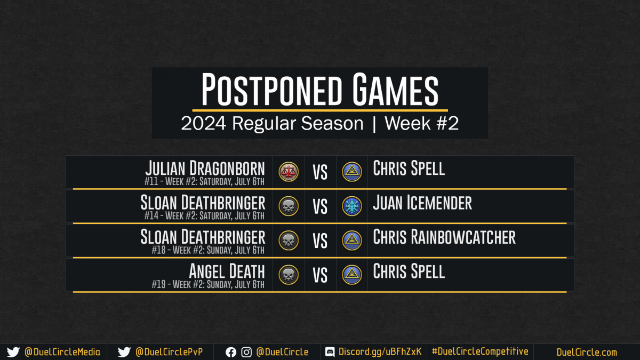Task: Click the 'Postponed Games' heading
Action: point(319,89)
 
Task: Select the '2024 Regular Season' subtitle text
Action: point(272,123)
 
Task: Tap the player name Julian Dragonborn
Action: point(205,168)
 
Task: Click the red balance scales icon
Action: point(289,172)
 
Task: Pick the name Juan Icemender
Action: point(422,203)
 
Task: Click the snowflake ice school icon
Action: point(351,206)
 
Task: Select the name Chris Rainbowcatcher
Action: point(444,237)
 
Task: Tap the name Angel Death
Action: point(227,271)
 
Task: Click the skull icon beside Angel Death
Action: point(289,275)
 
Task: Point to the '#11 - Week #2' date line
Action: point(204,181)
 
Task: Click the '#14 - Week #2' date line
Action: point(204,215)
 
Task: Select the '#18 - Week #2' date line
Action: point(208,250)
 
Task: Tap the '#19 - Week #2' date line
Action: point(208,284)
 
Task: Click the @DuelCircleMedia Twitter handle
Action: point(62,352)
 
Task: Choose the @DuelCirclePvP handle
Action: point(169,352)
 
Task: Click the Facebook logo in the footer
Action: point(231,353)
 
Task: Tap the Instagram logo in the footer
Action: point(246,353)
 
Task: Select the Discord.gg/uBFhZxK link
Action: point(380,351)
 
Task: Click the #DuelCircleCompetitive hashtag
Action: point(480,351)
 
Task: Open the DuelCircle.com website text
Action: point(587,352)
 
